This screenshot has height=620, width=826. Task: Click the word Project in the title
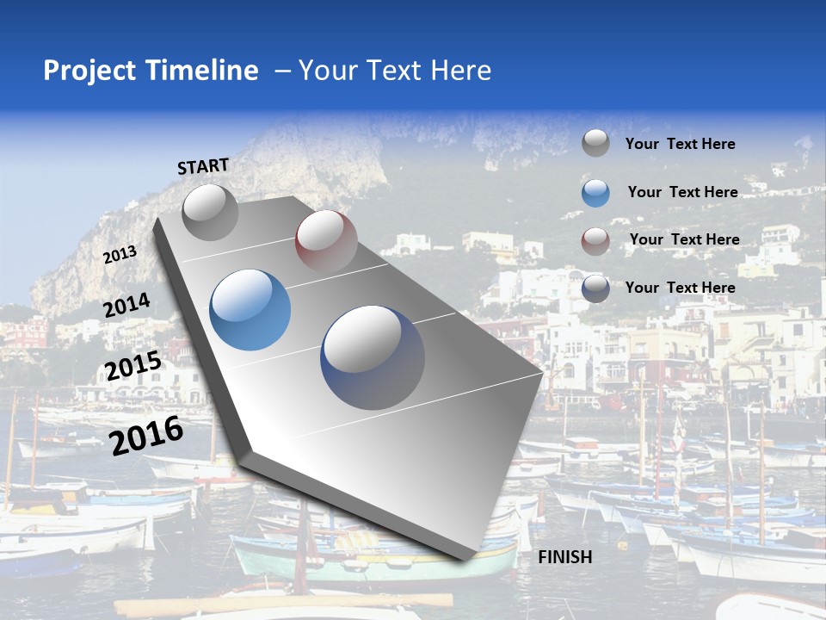pos(89,71)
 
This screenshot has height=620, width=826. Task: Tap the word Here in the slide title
pos(460,71)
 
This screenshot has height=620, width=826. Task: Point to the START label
pos(203,166)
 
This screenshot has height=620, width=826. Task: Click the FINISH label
pos(565,557)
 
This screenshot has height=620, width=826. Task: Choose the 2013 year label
pos(120,255)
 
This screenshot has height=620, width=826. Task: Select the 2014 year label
pos(127,306)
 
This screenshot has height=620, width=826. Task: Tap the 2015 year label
pos(133,366)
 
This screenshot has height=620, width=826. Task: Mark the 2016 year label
pos(146,436)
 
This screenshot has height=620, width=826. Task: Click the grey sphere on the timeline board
pos(210,212)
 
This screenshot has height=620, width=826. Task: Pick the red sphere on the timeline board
pos(326,240)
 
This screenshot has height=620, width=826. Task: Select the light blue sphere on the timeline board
pos(250,310)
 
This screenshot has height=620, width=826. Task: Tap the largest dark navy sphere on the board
pos(373,356)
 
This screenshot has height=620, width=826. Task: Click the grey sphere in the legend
pos(595,144)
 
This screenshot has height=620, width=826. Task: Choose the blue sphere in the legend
pos(595,192)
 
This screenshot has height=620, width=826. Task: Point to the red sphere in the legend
pos(595,240)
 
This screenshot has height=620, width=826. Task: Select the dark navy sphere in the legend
pos(595,288)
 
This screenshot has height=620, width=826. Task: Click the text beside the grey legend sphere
pos(680,144)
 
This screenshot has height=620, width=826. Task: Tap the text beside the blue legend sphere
pos(682,192)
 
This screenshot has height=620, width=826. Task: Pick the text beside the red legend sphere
pos(684,239)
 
